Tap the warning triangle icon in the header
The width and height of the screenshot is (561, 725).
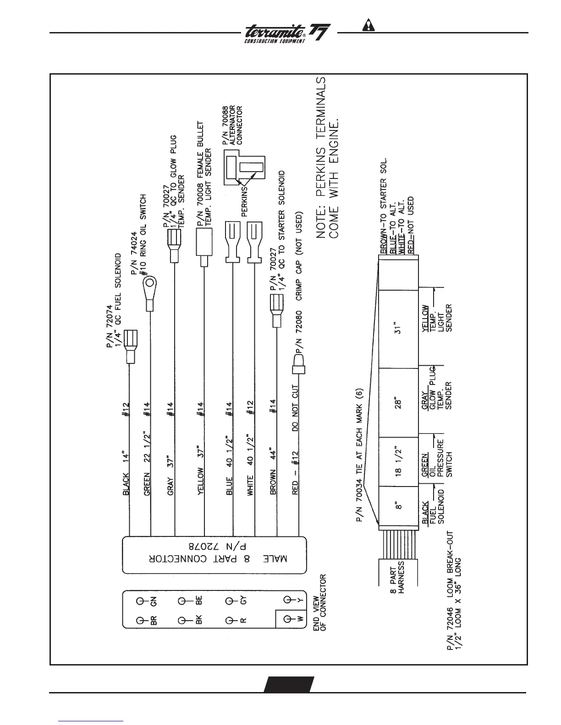368,25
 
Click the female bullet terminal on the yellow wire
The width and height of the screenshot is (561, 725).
204,243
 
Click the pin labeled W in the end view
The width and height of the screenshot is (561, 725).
288,619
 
